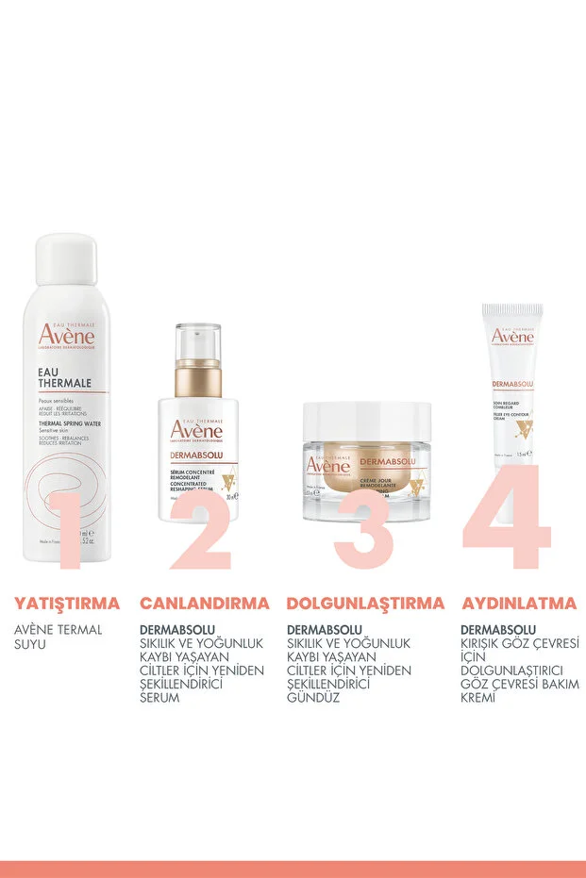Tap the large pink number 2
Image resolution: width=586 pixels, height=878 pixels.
point(200,530)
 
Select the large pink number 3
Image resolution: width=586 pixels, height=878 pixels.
point(363,530)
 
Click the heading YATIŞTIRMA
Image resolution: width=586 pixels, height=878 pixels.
point(67,603)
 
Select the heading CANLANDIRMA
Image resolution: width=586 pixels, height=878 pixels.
point(205,603)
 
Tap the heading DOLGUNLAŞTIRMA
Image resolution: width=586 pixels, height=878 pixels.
point(365,603)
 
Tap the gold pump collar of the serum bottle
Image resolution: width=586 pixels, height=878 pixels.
point(197,378)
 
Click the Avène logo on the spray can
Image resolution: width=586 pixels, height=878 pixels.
point(65,336)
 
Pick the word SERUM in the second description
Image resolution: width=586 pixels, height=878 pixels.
point(159,698)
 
